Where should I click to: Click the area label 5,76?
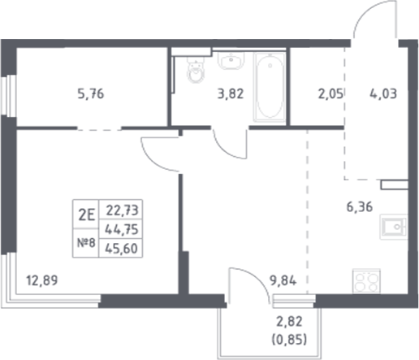90,93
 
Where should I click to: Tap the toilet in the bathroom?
193,72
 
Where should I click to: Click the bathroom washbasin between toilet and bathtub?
230,61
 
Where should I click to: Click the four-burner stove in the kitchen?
366,282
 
